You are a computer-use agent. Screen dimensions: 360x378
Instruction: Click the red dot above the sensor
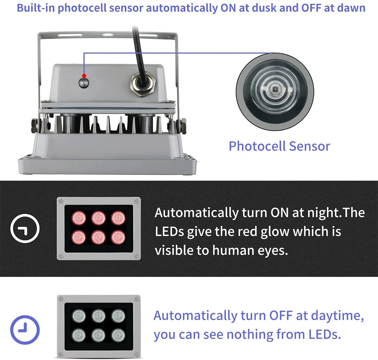pyautogui.click(x=84, y=76)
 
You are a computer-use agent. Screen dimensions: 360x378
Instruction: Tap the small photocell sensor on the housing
pyautogui.click(x=84, y=83)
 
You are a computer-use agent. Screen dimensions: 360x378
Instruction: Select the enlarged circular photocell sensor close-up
pyautogui.click(x=275, y=92)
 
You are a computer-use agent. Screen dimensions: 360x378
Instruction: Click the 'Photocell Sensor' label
pyautogui.click(x=279, y=146)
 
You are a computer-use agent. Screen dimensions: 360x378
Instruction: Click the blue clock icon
pyautogui.click(x=25, y=330)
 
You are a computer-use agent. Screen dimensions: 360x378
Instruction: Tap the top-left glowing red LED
pyautogui.click(x=79, y=218)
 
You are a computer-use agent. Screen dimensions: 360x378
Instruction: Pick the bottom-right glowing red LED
pyautogui.click(x=118, y=237)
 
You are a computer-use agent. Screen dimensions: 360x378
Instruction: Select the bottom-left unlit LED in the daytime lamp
pyautogui.click(x=79, y=335)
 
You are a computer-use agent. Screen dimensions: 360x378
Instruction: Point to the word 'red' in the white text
pyautogui.click(x=247, y=232)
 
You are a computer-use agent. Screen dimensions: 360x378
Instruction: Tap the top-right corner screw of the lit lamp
pyautogui.click(x=136, y=201)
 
